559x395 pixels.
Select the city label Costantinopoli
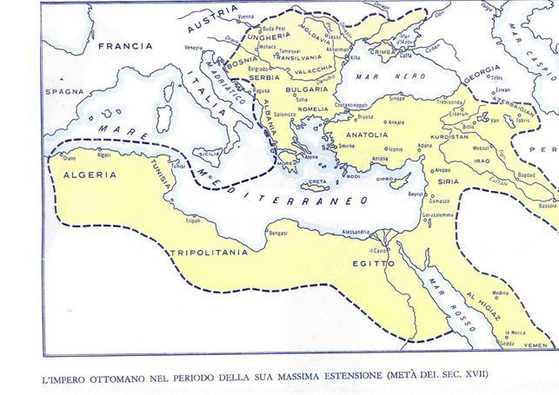[x=334, y=105]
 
